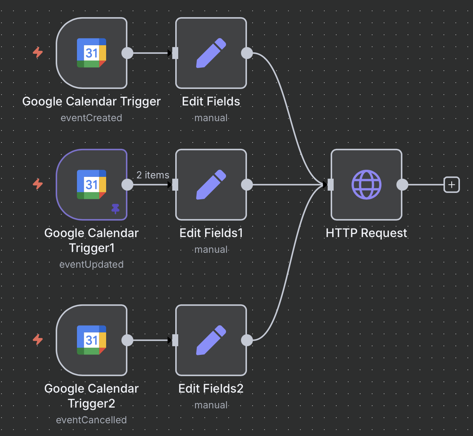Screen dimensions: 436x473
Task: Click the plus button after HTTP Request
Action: pyautogui.click(x=451, y=185)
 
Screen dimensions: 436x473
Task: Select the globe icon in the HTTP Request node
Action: pyautogui.click(x=366, y=185)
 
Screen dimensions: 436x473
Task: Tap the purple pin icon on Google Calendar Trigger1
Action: pyautogui.click(x=115, y=209)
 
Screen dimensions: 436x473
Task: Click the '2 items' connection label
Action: pyautogui.click(x=153, y=175)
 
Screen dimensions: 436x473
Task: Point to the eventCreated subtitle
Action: pyautogui.click(x=92, y=118)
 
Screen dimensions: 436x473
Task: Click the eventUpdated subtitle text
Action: pyautogui.click(x=92, y=264)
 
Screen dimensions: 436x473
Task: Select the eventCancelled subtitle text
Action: pyautogui.click(x=92, y=420)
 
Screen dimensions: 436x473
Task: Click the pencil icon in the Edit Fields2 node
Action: pyautogui.click(x=211, y=340)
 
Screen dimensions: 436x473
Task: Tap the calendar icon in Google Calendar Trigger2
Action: pyautogui.click(x=92, y=340)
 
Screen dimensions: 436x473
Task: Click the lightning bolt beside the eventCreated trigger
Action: pyautogui.click(x=38, y=52)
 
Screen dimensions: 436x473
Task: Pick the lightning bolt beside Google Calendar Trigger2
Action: pyautogui.click(x=38, y=340)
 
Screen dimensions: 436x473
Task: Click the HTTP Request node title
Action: pyautogui.click(x=366, y=233)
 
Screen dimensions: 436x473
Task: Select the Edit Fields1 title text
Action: pyautogui.click(x=211, y=233)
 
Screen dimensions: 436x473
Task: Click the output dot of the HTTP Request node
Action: pyautogui.click(x=402, y=185)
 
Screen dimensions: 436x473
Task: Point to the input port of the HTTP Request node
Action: pyautogui.click(x=331, y=185)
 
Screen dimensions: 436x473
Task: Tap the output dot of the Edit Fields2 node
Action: pyautogui.click(x=247, y=340)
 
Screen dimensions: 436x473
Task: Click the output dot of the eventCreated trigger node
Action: pyautogui.click(x=127, y=53)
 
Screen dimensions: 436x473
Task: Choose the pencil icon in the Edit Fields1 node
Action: pyautogui.click(x=211, y=185)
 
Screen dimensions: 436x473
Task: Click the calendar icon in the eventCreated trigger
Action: pyautogui.click(x=92, y=53)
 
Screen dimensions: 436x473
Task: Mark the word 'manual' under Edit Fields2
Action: pyautogui.click(x=211, y=405)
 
